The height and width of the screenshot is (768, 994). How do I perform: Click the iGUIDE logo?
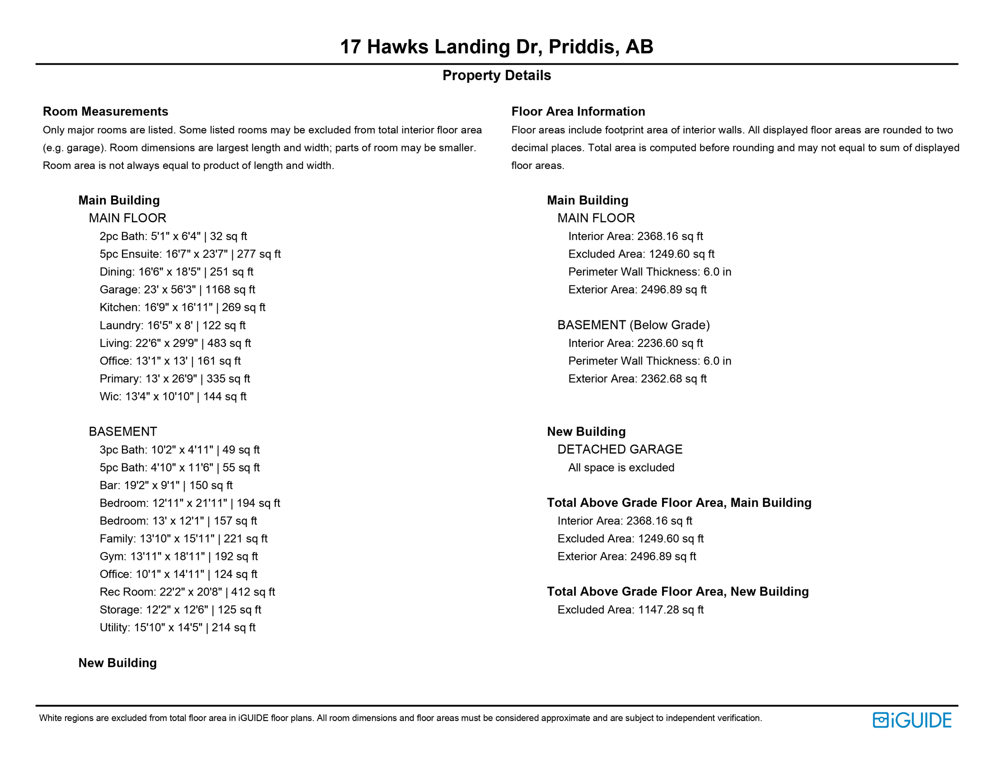click(912, 720)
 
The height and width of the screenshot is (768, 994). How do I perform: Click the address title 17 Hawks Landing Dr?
click(496, 47)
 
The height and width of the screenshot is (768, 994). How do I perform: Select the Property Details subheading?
click(496, 75)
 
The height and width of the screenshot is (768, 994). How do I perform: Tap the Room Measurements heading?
click(105, 111)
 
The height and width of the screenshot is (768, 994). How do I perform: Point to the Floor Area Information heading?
click(578, 111)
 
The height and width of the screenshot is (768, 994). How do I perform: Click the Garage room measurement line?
click(177, 289)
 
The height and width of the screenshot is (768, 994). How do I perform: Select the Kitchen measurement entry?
click(182, 307)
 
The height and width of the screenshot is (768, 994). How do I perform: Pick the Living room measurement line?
click(175, 343)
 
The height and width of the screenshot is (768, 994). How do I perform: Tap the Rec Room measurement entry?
click(187, 592)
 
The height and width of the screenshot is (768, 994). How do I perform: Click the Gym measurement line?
click(178, 556)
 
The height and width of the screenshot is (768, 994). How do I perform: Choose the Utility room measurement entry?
click(177, 627)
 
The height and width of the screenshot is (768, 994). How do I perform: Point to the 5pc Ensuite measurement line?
click(190, 254)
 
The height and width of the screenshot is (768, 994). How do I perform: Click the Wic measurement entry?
click(172, 396)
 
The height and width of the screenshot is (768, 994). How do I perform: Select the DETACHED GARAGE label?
click(619, 449)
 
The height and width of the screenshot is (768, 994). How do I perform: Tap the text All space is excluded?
click(621, 467)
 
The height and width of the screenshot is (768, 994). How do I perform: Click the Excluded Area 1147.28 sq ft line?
click(630, 610)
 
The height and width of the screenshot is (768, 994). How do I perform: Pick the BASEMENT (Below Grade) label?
click(633, 325)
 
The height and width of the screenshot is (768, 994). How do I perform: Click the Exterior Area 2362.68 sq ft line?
click(637, 379)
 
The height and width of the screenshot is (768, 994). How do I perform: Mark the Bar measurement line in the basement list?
click(166, 485)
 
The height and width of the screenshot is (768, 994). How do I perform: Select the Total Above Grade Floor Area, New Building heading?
click(677, 591)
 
